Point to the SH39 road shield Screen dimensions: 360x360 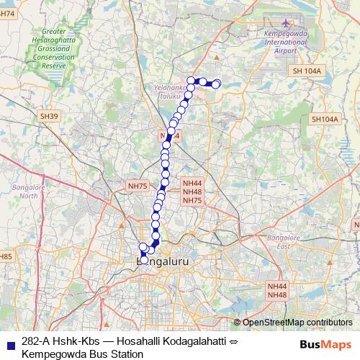[49, 116]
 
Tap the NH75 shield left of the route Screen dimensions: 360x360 [137, 186]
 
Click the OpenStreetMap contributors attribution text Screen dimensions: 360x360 [297, 323]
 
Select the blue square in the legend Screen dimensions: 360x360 [10, 341]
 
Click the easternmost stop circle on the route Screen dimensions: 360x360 [216, 85]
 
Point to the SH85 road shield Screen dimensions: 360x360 [6, 256]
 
